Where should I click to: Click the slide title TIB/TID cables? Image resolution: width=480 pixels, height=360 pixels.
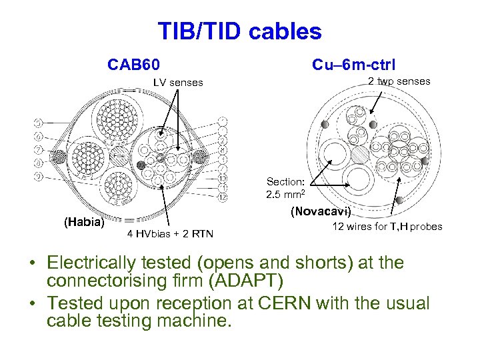(239, 31)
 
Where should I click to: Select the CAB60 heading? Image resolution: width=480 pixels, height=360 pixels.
(133, 65)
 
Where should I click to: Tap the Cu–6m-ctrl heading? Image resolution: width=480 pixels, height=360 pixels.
(353, 65)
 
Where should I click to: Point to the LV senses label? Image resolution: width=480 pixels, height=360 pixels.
(178, 83)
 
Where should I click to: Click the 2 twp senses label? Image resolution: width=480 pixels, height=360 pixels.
(399, 81)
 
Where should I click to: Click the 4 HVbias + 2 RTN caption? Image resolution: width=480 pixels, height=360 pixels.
(170, 233)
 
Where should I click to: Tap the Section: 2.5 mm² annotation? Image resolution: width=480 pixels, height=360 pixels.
(286, 189)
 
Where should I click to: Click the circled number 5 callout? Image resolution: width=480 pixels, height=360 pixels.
(39, 123)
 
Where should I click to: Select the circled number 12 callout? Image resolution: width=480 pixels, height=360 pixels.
(223, 198)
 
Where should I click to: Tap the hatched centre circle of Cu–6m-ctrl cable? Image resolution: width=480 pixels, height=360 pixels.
(360, 153)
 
